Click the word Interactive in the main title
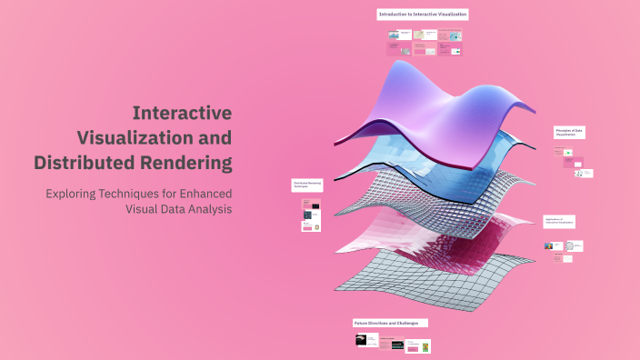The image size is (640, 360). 182,113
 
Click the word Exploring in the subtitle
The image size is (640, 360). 75,194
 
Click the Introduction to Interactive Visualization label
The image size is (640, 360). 423,15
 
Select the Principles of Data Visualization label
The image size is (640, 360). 570,133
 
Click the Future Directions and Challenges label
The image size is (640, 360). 390,323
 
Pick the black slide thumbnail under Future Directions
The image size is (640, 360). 361,340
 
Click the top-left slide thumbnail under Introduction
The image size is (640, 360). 394,35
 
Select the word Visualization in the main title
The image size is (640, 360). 154,138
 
